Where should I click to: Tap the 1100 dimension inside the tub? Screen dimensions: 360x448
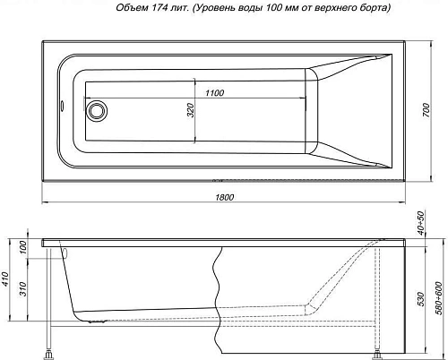pyautogui.click(x=212, y=93)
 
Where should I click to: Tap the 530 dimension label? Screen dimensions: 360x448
pyautogui.click(x=420, y=295)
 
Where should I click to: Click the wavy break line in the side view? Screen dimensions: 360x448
pyautogui.click(x=218, y=287)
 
